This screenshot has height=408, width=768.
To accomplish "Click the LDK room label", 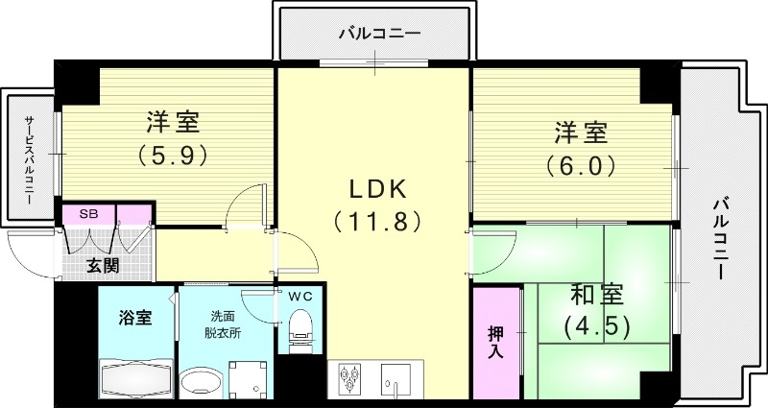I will [x=377, y=188].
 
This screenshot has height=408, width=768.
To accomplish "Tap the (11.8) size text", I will [x=377, y=223].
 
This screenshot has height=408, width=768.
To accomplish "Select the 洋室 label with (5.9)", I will [x=173, y=123].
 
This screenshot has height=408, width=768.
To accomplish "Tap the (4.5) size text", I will [x=597, y=326].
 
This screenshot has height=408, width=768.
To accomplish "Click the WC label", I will [x=300, y=297].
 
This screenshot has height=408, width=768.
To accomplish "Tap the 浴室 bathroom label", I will [x=135, y=319].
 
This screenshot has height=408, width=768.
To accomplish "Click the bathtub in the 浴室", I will [x=135, y=381].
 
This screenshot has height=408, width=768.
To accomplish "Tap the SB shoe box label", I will [x=88, y=213].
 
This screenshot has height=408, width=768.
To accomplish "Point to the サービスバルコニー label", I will [x=29, y=154].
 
